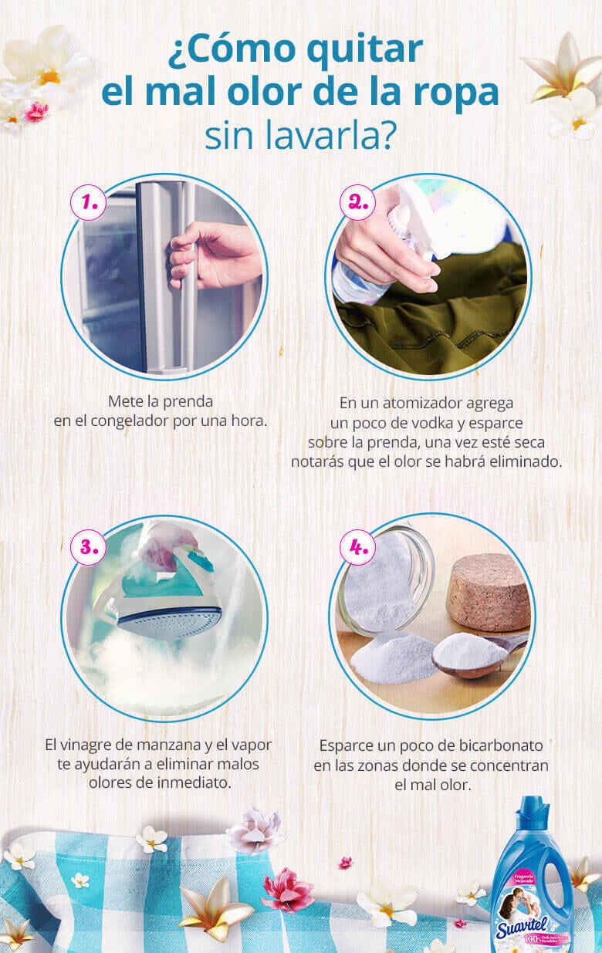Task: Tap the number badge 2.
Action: (x=357, y=202)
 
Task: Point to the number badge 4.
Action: (x=357, y=547)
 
